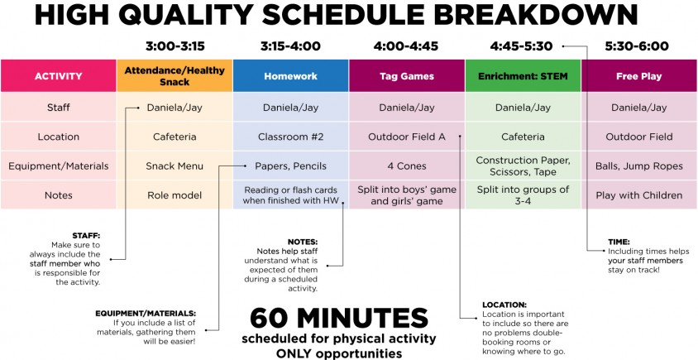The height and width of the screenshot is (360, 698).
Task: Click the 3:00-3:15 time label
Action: pos(175,46)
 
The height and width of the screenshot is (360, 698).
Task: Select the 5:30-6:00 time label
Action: pos(637,46)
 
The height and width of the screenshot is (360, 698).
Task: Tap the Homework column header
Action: pos(290,76)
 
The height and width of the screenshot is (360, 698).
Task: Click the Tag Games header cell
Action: pos(407,76)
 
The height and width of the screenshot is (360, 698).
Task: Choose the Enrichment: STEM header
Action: pos(523,76)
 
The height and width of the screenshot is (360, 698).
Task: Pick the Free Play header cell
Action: pos(639,76)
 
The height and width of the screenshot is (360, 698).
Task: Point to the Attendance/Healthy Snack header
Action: pos(174,76)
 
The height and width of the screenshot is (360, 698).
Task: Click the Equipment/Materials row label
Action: pos(59,166)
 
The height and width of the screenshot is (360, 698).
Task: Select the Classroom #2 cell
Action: pos(290,137)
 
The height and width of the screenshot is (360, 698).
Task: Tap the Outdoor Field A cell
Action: pos(407,137)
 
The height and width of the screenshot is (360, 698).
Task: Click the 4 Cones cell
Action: pos(407,166)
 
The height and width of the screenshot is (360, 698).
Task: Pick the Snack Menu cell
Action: pos(174,166)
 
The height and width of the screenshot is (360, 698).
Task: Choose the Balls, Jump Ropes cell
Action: pos(639,166)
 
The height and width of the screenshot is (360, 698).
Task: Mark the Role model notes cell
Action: pos(174,195)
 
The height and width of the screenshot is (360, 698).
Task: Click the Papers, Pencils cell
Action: pos(290,166)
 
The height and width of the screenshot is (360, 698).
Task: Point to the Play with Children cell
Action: pos(639,195)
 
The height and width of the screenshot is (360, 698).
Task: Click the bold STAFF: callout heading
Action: pos(86,236)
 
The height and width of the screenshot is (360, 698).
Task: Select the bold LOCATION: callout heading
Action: pos(504,305)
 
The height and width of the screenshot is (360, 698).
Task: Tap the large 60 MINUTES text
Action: pos(339,318)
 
